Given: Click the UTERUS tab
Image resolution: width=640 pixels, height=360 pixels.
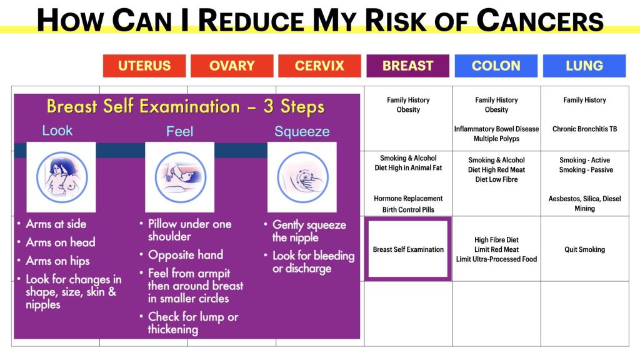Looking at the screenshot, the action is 144,66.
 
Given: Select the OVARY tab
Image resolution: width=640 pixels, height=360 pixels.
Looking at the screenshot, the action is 232,66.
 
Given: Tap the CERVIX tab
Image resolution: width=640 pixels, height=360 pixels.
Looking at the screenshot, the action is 319,66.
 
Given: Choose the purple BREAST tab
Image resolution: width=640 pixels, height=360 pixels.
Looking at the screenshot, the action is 407,66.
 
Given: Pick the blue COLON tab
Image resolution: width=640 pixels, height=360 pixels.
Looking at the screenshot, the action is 496,66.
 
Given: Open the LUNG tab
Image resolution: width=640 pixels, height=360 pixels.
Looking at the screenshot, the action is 584,66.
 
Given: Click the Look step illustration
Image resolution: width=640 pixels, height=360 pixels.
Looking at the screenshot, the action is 61,177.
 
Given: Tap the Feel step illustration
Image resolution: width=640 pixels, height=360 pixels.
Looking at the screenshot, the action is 179,177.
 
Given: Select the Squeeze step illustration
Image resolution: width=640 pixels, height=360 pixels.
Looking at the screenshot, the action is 302,177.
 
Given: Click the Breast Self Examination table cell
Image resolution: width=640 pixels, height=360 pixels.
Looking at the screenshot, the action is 408,249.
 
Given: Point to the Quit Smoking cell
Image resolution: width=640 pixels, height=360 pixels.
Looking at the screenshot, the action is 584,249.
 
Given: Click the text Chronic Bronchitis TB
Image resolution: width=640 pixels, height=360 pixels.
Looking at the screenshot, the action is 584,129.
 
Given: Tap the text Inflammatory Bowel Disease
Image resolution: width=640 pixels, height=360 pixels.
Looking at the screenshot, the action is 496,129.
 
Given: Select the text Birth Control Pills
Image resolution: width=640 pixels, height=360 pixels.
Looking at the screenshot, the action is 408,210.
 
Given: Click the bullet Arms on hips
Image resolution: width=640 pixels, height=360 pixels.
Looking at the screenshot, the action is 54,261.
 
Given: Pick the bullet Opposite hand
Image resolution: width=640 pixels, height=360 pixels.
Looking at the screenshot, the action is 182,255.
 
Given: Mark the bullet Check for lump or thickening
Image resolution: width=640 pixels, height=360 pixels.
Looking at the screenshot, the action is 189,323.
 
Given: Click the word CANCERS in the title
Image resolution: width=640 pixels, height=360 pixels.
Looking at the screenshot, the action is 540,21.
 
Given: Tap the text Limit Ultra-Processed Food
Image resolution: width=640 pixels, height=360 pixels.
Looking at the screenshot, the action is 496,259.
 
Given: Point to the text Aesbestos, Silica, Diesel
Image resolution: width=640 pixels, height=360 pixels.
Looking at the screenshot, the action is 584,199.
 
